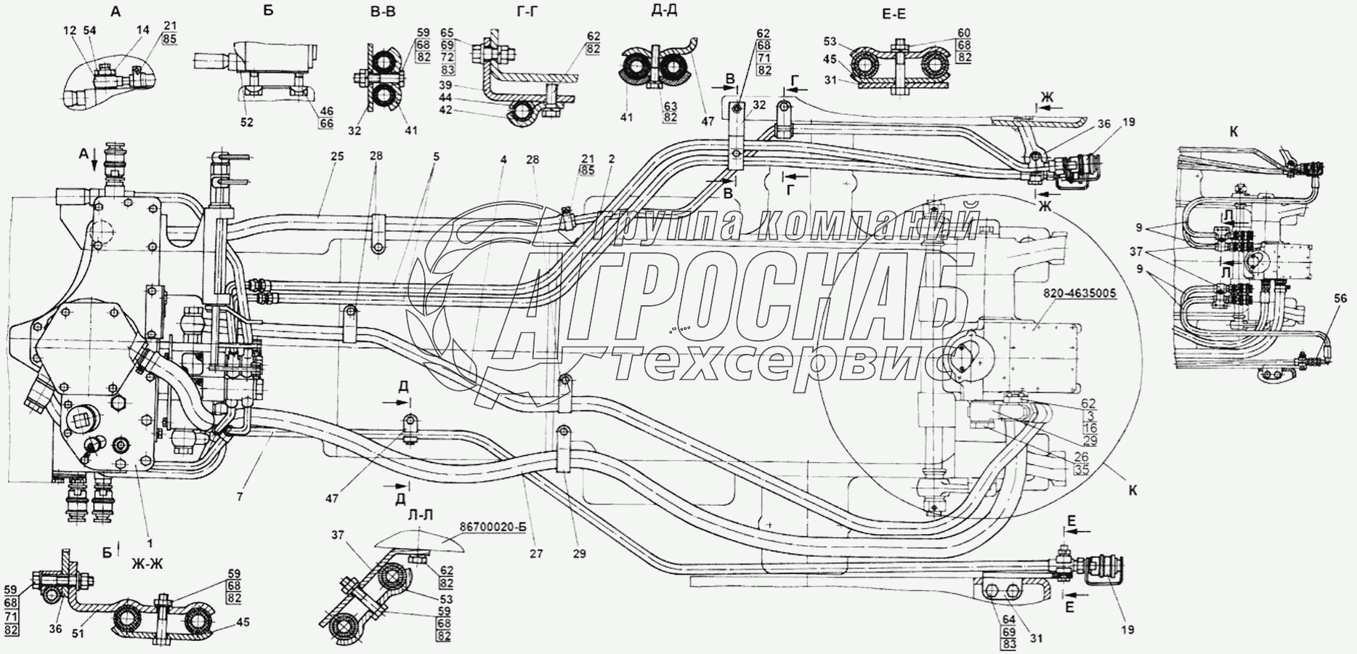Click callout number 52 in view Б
(x=247, y=122)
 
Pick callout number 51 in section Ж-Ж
(x=78, y=633)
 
